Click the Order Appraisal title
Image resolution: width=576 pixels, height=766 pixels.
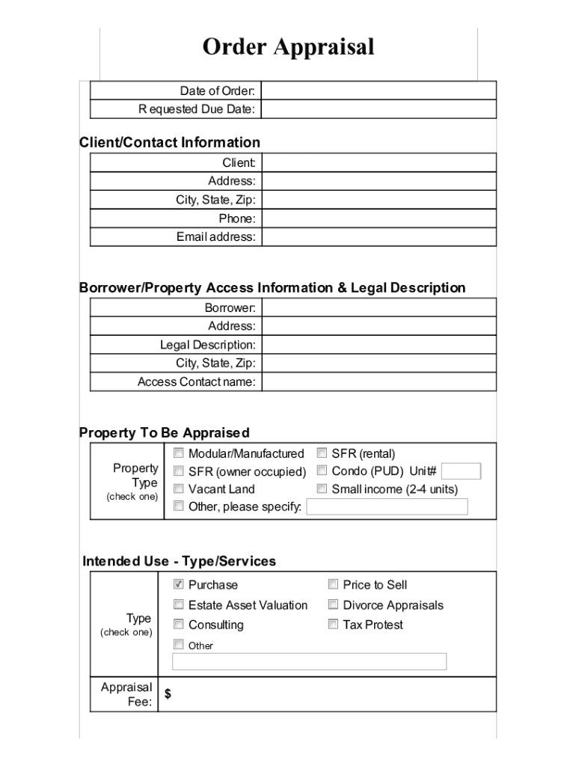point(288,47)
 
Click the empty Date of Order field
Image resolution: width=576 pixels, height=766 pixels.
point(379,91)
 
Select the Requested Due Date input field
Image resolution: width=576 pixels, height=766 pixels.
point(379,110)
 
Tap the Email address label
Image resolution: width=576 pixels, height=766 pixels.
point(215,237)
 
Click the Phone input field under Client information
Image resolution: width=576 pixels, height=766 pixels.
point(379,218)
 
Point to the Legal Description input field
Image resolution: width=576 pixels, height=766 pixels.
point(379,345)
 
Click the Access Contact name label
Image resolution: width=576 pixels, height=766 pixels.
point(196,382)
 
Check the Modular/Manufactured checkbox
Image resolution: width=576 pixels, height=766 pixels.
point(179,453)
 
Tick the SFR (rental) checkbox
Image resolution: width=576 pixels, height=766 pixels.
point(322,453)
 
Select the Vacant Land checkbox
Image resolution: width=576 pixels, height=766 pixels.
point(179,488)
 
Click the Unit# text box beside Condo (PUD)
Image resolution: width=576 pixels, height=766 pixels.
point(461,471)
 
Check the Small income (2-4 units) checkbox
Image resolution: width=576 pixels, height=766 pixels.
point(322,488)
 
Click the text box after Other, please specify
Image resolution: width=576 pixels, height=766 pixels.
point(387,507)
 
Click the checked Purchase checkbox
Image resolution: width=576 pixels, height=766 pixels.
point(179,584)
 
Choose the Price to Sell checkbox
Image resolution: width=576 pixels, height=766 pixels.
point(333,584)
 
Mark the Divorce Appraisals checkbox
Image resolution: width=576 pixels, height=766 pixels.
point(333,604)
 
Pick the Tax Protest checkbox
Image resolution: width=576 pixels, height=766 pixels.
point(333,624)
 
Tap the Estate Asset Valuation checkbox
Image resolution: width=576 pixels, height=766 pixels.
point(179,604)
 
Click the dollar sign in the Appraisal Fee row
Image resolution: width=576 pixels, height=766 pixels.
point(168,694)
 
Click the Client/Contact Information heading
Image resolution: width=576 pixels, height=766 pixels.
point(170,142)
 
